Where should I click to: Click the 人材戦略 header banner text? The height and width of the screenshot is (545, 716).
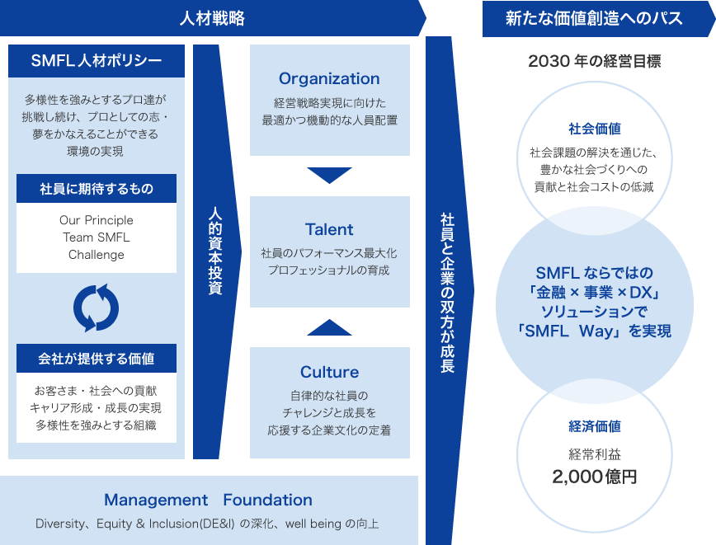click(212, 18)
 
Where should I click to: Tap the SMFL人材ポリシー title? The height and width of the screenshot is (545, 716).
click(97, 60)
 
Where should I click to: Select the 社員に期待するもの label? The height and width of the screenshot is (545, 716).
click(97, 189)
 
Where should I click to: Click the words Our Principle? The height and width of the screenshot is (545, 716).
click(97, 220)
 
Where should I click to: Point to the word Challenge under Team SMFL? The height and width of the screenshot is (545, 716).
click(97, 255)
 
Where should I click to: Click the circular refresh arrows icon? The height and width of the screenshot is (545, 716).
click(96, 308)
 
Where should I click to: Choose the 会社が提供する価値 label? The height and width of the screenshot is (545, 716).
click(97, 359)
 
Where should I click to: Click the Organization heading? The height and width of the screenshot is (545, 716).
click(329, 78)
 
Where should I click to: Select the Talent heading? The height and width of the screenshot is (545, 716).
click(329, 229)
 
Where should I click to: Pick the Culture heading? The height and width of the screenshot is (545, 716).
click(329, 372)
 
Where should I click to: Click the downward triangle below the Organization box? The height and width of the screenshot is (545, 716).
click(329, 175)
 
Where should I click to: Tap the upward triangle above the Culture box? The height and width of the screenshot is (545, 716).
click(329, 327)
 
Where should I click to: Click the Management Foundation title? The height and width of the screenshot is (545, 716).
click(208, 500)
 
